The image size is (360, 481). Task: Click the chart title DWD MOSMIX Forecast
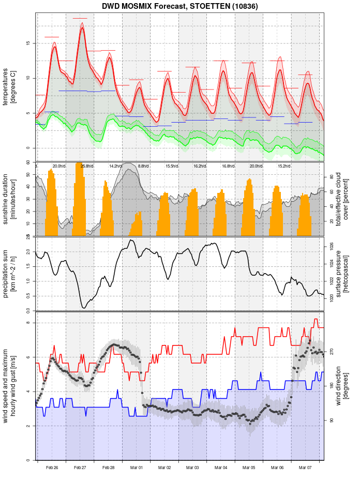tap(179, 6)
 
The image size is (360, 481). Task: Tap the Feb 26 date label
tap(52, 468)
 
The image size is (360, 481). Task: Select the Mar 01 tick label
tap(137, 468)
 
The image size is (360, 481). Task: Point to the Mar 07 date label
tap(305, 468)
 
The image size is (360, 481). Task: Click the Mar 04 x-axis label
tap(221, 468)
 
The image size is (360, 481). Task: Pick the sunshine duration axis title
tap(9, 199)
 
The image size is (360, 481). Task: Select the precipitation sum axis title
tap(9, 274)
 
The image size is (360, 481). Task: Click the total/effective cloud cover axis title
tap(342, 199)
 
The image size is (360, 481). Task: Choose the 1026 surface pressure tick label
tap(332, 248)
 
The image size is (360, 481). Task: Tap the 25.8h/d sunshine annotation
tap(87, 166)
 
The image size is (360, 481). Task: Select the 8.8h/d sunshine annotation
tap(143, 166)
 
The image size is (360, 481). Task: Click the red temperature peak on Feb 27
tap(82, 28)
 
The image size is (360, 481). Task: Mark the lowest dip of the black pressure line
tap(84, 308)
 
